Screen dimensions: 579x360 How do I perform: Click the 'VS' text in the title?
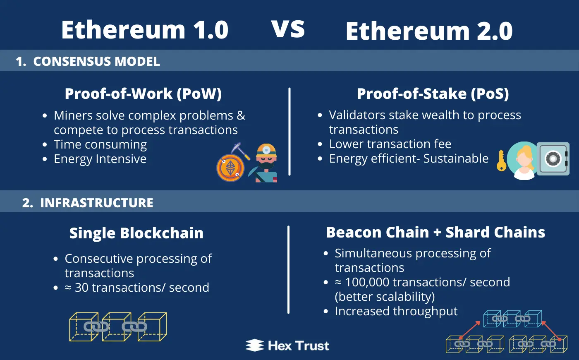click(x=288, y=29)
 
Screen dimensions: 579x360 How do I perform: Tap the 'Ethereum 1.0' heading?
click(x=145, y=30)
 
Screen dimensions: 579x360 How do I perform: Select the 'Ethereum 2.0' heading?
click(x=429, y=31)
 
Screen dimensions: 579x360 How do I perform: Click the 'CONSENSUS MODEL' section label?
click(x=96, y=62)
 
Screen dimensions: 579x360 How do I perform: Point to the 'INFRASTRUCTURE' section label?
click(x=97, y=203)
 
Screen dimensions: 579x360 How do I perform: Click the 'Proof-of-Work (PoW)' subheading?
click(x=143, y=94)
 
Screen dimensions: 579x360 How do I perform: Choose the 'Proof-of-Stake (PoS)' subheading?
click(x=433, y=94)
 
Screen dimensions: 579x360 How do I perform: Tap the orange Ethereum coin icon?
click(x=230, y=168)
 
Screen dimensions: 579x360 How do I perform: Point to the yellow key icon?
click(x=501, y=161)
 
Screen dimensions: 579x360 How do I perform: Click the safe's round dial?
click(x=553, y=158)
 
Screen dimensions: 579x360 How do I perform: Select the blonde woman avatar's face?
click(x=524, y=161)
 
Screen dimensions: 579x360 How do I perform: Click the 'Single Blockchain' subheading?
click(x=136, y=233)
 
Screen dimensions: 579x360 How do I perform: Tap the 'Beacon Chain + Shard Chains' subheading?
click(x=435, y=232)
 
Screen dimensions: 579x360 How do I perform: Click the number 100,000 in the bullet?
click(x=367, y=282)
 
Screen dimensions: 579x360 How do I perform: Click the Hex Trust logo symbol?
click(x=255, y=345)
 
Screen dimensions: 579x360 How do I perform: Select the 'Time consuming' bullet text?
click(x=100, y=144)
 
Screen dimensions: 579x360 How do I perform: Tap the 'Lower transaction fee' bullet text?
click(x=390, y=144)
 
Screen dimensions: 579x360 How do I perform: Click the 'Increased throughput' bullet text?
click(x=396, y=311)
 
